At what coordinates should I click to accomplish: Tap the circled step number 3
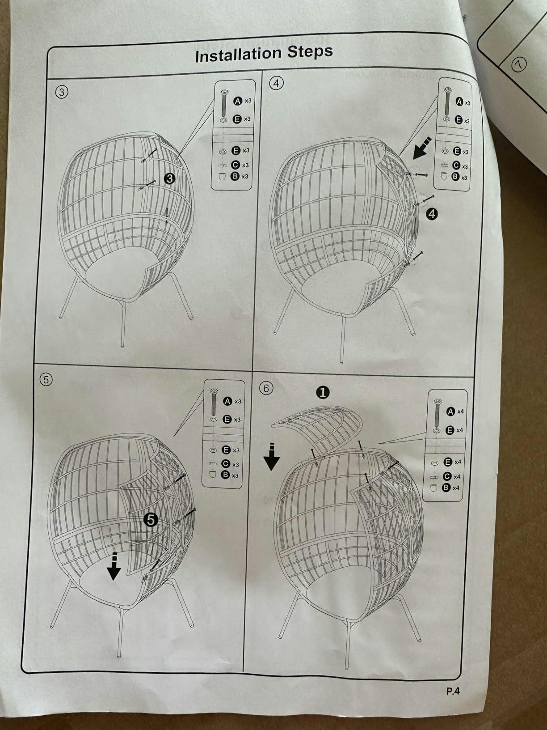point(61,92)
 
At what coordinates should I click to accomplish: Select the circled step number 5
point(46,379)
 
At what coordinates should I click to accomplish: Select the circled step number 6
point(266,388)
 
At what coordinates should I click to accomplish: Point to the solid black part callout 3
point(169,178)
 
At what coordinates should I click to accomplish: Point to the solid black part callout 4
point(431,213)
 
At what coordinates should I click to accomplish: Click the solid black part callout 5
point(151,520)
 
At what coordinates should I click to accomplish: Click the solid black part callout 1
point(323,393)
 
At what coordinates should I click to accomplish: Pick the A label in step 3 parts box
point(238,101)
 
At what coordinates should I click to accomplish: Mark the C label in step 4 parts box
point(456,166)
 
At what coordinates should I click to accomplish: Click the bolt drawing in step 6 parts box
point(438,413)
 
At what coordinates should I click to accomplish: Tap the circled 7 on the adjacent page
point(519,64)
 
